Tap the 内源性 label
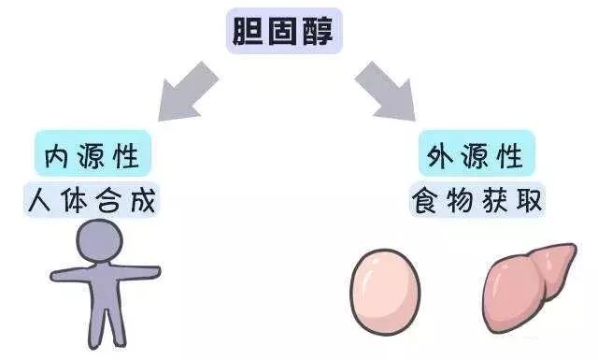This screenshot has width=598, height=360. point(93,154)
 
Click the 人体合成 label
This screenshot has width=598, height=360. point(93,199)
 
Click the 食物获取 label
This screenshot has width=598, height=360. point(476,199)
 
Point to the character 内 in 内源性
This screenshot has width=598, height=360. point(56,154)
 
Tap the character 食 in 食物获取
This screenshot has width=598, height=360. point(424,199)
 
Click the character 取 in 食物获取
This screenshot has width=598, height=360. point(528,199)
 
